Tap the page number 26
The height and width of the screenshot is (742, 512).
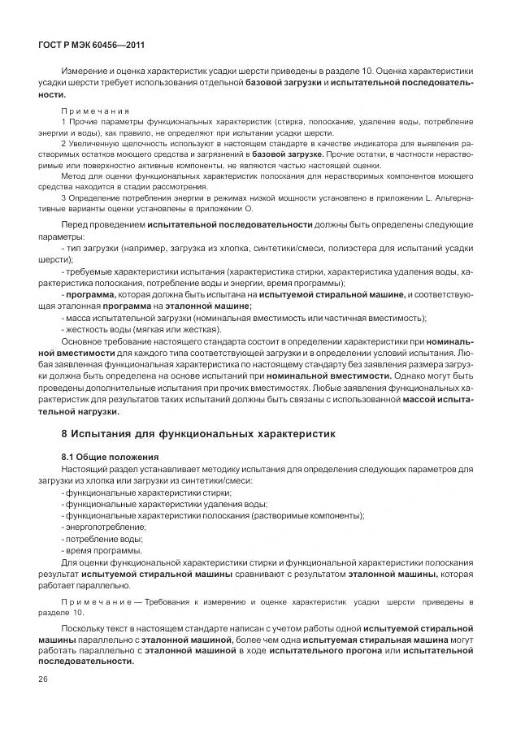(x=41, y=679)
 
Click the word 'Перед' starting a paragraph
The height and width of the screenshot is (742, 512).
(x=74, y=224)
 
